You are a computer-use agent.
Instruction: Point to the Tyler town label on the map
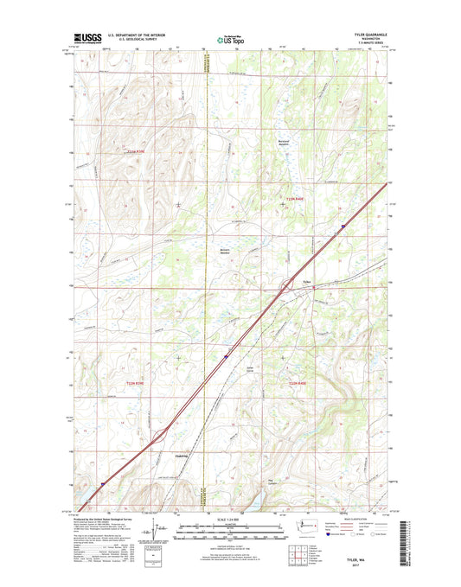[x=305, y=279]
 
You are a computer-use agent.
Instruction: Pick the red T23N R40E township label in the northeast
[x=296, y=200]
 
